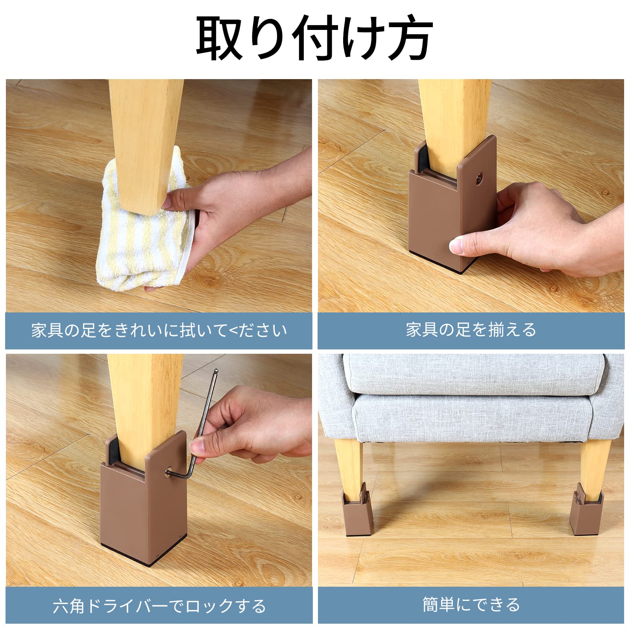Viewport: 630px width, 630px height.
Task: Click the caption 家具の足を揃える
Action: tap(471, 330)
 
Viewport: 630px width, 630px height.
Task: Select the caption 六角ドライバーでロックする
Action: tap(159, 606)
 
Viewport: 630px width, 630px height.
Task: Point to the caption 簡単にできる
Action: tap(471, 604)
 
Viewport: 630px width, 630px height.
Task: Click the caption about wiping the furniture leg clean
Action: tap(159, 331)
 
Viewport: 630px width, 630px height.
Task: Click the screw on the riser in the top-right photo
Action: tap(479, 178)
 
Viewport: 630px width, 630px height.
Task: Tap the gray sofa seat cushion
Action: tap(472, 374)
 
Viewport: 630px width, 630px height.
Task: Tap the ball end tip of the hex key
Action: tap(216, 371)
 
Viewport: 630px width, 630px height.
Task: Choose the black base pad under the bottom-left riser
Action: tap(130, 555)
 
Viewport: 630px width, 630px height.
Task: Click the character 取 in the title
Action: tap(219, 38)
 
